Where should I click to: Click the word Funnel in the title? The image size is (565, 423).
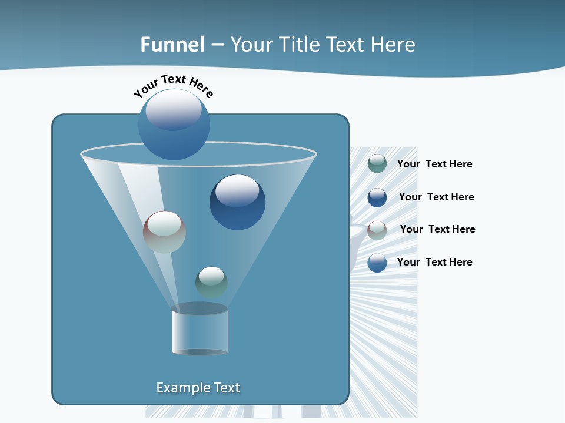coord(172,45)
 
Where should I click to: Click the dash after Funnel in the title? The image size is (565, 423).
coord(217,45)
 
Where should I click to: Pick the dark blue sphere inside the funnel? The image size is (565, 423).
coord(237,202)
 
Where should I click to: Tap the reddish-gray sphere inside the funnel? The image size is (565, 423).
coord(164,232)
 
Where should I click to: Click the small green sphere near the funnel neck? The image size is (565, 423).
coord(211,282)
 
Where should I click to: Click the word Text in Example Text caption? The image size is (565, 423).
coord(226,388)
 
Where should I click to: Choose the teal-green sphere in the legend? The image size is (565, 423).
coord(377,164)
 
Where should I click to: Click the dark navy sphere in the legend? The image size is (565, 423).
coord(377,197)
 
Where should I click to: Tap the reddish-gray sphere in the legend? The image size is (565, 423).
coord(377,230)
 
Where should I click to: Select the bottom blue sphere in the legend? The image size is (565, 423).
coord(377,263)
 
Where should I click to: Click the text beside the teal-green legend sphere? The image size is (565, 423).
coord(434,164)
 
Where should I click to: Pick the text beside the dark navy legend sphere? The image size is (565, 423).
coord(436,197)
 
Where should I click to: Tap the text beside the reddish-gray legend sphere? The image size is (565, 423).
coord(437,229)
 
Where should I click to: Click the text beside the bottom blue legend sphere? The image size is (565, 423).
coord(434,262)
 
